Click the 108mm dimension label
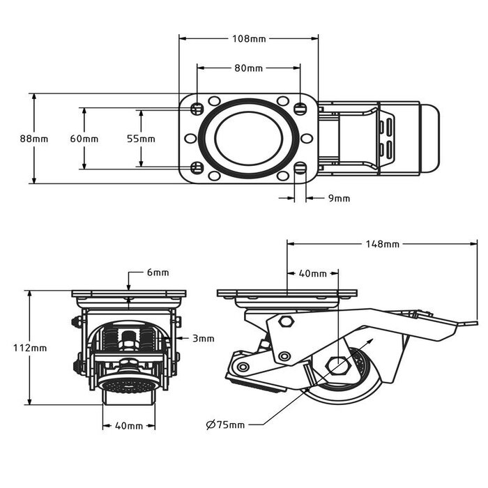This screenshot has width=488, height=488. pos(249,38)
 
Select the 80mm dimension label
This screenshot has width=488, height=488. pos(249,68)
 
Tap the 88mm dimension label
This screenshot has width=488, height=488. pos(34,139)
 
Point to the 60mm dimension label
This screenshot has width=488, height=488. pos(84,139)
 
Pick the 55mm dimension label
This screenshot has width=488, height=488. pos(141,139)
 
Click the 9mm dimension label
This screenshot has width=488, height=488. pos(339,199)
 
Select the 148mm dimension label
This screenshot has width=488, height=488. pos(383,244)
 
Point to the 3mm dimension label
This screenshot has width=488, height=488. pos(204,338)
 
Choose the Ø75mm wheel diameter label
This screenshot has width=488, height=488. pos(225,425)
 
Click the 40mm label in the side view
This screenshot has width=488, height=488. pos(312,274)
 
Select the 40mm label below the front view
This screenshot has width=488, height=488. pos(129,426)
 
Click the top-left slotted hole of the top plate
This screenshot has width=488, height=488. pos(197,109)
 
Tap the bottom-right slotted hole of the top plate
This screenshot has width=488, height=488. pos(300,167)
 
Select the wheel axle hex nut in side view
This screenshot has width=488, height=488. pos(337,365)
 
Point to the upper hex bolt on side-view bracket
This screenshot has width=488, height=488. pos(285,322)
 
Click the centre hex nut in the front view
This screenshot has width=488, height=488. pos(129,342)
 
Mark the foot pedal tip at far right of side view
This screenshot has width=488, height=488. pos(473,323)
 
